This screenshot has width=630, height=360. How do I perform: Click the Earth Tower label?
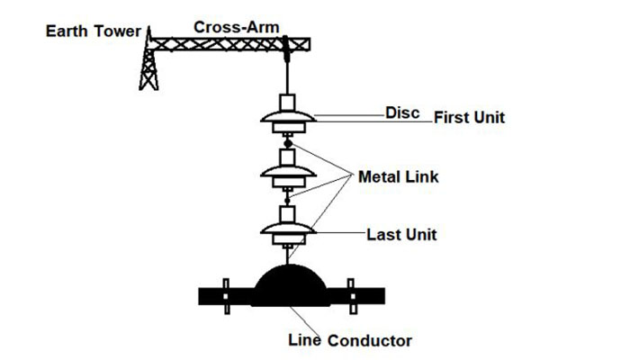[94, 32]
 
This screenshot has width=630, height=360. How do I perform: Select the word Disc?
[401, 113]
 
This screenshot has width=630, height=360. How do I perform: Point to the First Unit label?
[470, 118]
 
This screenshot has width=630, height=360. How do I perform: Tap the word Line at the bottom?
[304, 340]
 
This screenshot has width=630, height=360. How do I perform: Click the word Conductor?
[370, 341]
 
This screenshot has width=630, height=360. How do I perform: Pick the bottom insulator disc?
[288, 232]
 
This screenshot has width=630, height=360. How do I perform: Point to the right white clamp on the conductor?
[352, 296]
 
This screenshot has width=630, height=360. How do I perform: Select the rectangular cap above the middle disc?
[289, 158]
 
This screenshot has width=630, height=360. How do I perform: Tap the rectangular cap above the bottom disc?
[288, 215]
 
